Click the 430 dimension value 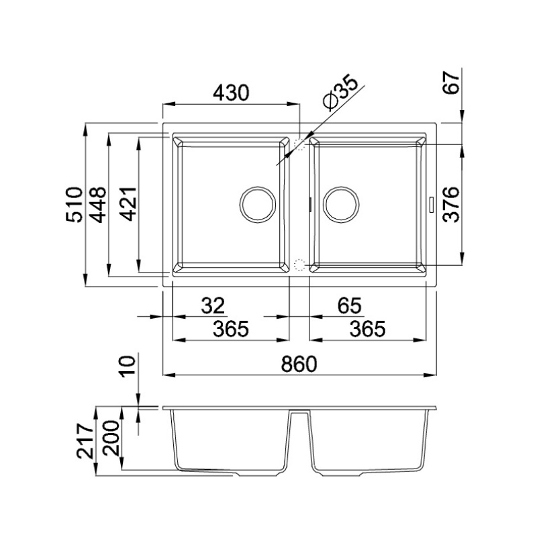point(231,93)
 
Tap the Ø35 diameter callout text point(340,92)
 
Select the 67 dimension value point(451,83)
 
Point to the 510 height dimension point(75,205)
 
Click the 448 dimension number point(97,205)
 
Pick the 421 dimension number point(128,205)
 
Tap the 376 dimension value point(451,205)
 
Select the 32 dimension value point(213,305)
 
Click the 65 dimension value point(350,305)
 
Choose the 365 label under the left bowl point(231,329)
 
